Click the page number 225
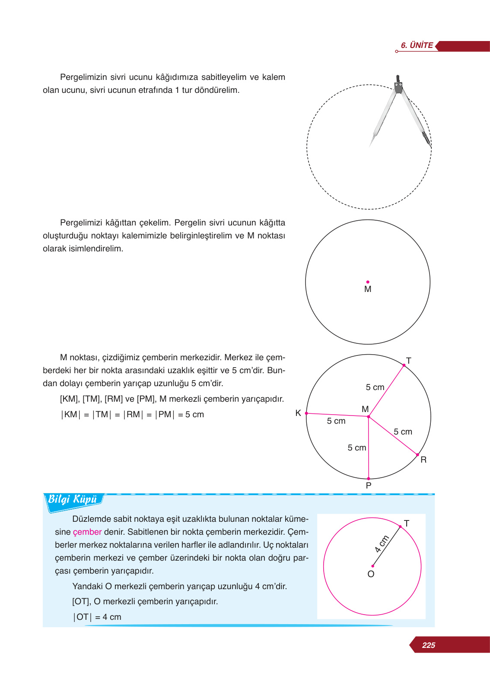click(x=428, y=645)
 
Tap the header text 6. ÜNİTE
click(x=417, y=45)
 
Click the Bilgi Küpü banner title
click(x=73, y=500)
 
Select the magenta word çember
click(x=87, y=532)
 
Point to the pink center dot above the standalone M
click(x=368, y=282)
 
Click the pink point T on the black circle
click(x=404, y=365)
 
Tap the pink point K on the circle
click(x=306, y=413)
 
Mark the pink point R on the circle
click(x=417, y=455)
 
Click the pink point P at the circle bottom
click(x=369, y=479)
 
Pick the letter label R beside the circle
click(x=423, y=460)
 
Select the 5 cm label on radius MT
click(x=375, y=387)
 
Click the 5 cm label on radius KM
click(x=336, y=421)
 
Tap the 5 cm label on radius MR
click(x=403, y=432)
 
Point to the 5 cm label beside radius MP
click(x=357, y=448)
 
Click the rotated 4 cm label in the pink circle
click(x=382, y=544)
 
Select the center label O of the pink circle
click(x=371, y=574)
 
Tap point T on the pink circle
click(x=400, y=527)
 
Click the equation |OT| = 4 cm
click(x=97, y=617)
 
